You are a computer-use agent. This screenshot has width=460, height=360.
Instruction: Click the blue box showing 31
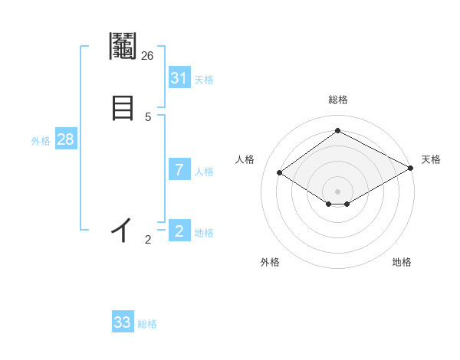[179, 78]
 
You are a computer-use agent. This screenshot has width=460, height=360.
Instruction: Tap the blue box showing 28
[65, 139]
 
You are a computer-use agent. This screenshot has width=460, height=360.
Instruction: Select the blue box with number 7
[179, 170]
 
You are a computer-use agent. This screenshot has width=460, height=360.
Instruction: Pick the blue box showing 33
[123, 322]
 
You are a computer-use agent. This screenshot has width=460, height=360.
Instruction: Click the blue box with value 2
[179, 231]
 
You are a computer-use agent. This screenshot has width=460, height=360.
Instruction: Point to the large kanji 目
[123, 106]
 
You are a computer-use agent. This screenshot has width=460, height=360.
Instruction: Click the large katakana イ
[123, 230]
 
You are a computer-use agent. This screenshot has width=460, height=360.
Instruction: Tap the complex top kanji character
[123, 47]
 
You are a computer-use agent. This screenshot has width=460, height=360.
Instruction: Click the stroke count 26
[148, 56]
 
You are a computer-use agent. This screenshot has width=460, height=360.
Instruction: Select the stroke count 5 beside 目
[148, 117]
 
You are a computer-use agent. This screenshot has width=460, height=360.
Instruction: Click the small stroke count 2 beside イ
[148, 241]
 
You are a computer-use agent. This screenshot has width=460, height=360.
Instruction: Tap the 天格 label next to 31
[204, 80]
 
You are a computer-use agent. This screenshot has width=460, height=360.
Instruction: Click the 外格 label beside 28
[41, 141]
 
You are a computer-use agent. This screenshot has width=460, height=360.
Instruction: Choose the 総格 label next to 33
[147, 324]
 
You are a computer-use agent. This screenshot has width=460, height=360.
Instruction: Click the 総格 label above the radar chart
[337, 100]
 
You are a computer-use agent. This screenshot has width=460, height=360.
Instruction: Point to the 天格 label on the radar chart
[431, 159]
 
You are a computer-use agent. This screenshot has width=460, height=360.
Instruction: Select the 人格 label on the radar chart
[245, 159]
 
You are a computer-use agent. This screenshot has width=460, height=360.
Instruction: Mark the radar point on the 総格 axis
[337, 130]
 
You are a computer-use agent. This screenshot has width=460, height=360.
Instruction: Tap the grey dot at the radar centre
[337, 191]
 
